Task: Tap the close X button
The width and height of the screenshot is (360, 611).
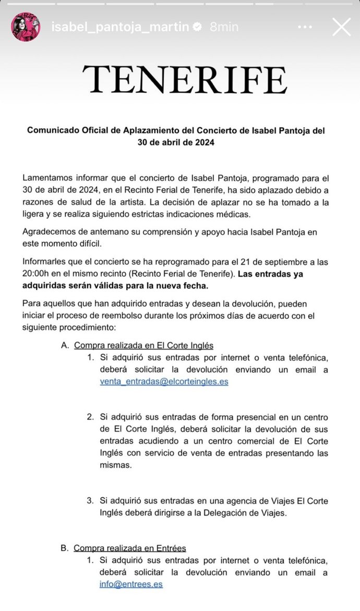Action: pos(341,27)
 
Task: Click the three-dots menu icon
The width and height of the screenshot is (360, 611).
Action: pos(306,27)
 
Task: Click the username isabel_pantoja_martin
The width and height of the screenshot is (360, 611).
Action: pos(120,27)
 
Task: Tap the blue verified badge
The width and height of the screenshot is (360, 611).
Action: pos(197,27)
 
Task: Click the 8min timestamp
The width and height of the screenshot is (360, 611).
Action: pos(224,27)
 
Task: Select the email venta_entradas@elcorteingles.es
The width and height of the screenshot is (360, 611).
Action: pos(164,381)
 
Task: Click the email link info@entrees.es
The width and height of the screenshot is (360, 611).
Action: pos(131,584)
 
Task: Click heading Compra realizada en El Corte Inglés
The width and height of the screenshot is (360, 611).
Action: pos(143,345)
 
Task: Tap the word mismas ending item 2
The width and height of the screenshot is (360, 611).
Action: pos(115,465)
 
